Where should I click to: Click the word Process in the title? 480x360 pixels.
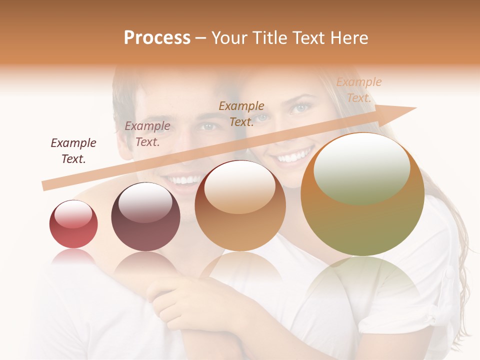(x=157, y=38)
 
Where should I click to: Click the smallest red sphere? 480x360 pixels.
(x=73, y=224)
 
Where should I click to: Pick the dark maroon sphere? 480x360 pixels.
(x=145, y=216)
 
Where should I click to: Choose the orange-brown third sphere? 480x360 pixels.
(x=240, y=205)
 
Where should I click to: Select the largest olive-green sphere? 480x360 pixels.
(x=362, y=194)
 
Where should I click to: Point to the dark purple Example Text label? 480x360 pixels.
(x=73, y=151)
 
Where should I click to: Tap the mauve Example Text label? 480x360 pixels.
(x=147, y=134)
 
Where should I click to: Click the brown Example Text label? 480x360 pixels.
(x=241, y=113)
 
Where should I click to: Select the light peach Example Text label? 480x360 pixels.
(x=358, y=90)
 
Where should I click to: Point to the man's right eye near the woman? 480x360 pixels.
(x=209, y=126)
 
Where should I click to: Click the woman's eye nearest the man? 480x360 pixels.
(x=261, y=118)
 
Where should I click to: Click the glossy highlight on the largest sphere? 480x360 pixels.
(x=361, y=167)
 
